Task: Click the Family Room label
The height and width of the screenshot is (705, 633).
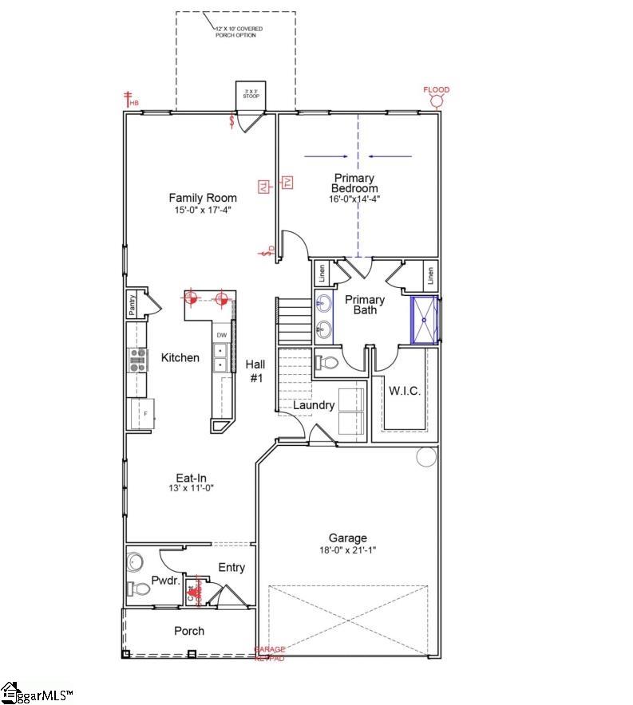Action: (x=203, y=198)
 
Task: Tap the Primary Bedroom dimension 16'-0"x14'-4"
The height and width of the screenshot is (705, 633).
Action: (x=354, y=199)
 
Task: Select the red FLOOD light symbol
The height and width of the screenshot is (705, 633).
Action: (x=437, y=100)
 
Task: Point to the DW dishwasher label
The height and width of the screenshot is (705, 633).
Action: (x=222, y=336)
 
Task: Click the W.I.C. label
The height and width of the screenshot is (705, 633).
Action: (x=404, y=392)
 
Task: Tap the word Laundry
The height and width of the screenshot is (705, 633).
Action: (x=313, y=405)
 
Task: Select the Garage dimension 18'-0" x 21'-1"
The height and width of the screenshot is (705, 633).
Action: (x=347, y=550)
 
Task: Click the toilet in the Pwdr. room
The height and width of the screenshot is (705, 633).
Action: (x=137, y=589)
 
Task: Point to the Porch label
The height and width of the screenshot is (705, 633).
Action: (x=189, y=631)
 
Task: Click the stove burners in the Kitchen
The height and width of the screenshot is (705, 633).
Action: (x=138, y=360)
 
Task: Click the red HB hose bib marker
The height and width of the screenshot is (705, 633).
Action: (x=128, y=99)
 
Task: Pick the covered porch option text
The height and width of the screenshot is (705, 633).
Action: (x=239, y=31)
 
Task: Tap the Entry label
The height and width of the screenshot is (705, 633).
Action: (x=231, y=568)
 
